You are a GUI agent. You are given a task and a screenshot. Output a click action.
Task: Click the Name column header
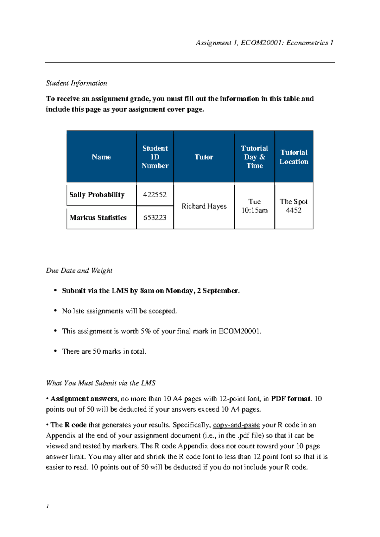click(101, 157)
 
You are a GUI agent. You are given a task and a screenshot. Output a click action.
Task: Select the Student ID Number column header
click(155, 157)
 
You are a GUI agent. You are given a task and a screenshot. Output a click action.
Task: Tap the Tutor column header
click(204, 157)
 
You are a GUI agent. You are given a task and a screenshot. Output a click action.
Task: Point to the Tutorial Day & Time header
click(255, 157)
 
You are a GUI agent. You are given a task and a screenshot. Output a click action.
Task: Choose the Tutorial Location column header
click(294, 157)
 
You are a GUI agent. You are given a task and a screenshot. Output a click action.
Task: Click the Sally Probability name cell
click(97, 195)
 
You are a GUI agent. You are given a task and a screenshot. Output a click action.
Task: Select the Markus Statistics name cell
click(98, 218)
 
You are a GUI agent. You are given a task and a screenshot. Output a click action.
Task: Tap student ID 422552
click(155, 195)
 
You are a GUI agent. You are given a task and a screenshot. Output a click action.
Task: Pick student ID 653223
click(155, 218)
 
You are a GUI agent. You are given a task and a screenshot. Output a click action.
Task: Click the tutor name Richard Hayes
click(204, 206)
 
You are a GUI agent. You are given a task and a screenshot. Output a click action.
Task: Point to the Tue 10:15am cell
click(255, 206)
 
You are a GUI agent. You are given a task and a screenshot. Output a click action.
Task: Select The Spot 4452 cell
click(294, 206)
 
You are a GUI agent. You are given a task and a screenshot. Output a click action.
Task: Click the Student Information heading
click(77, 83)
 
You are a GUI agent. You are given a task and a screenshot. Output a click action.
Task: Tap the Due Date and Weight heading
click(79, 271)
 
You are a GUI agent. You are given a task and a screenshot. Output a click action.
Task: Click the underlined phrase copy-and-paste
click(236, 425)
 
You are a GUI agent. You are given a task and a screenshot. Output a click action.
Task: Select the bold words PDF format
click(291, 399)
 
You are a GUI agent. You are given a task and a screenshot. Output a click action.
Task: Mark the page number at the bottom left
click(47, 506)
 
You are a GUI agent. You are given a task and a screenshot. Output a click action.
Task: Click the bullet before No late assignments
click(55, 311)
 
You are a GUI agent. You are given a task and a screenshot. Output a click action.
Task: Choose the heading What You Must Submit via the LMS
click(101, 383)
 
